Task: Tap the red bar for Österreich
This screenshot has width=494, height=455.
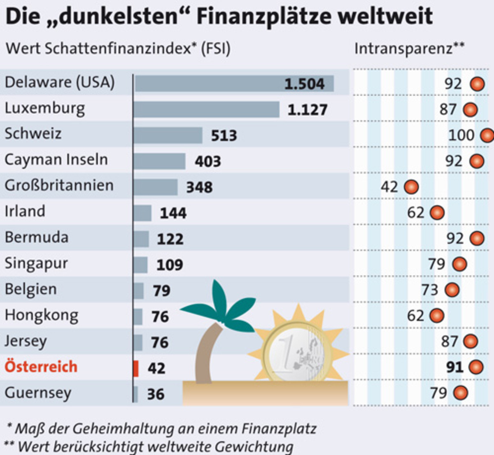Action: coord(136,368)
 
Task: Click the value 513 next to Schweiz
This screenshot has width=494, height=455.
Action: coord(224,136)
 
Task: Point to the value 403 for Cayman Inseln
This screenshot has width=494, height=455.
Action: coord(208,161)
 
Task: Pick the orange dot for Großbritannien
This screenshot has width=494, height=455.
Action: coord(411,187)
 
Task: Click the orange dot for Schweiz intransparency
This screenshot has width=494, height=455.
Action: coord(487,135)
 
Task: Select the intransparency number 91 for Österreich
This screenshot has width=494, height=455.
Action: coord(455,367)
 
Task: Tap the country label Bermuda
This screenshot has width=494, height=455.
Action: coord(37,237)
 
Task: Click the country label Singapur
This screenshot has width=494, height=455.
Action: coord(36,264)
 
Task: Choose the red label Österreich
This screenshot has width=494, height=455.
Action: coord(41,367)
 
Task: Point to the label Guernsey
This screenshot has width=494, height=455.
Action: coord(38,393)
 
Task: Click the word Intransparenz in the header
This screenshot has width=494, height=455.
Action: coord(403,49)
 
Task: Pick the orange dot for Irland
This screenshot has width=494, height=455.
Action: coord(437,213)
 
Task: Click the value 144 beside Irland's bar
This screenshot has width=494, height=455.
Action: coord(173,213)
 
